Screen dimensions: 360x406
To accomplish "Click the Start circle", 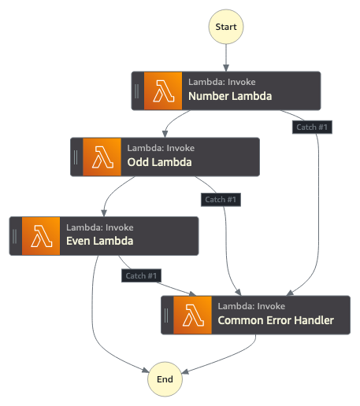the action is (226, 27).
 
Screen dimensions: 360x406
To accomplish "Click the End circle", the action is (165, 379).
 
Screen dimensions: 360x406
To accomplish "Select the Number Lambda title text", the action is (230, 96).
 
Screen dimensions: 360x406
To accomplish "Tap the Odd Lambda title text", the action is (159, 162).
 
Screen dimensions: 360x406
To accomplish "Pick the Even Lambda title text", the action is (100, 241).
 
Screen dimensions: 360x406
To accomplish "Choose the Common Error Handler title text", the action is (276, 320).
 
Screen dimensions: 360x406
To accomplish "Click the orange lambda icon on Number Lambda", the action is (163, 90).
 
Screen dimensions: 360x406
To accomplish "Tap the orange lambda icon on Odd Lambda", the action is (102, 157).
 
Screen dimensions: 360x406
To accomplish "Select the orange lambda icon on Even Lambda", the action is (41, 236).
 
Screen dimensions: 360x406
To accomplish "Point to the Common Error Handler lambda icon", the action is (192, 315).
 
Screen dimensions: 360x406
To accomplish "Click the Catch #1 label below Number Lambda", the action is (312, 127).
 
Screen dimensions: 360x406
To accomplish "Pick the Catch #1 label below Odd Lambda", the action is (221, 200).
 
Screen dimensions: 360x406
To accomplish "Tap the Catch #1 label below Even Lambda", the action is (141, 275).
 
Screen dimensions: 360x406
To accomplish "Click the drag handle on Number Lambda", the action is (136, 91).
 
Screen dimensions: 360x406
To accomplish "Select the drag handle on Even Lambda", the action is (14, 236).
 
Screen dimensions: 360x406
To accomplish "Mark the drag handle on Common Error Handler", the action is (166, 316).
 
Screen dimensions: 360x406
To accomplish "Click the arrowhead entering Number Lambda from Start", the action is (226, 68).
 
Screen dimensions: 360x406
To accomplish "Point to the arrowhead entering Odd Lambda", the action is (165, 134).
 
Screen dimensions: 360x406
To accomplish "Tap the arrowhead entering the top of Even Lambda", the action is (104, 213).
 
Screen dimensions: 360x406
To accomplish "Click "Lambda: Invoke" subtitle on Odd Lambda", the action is (161, 148).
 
